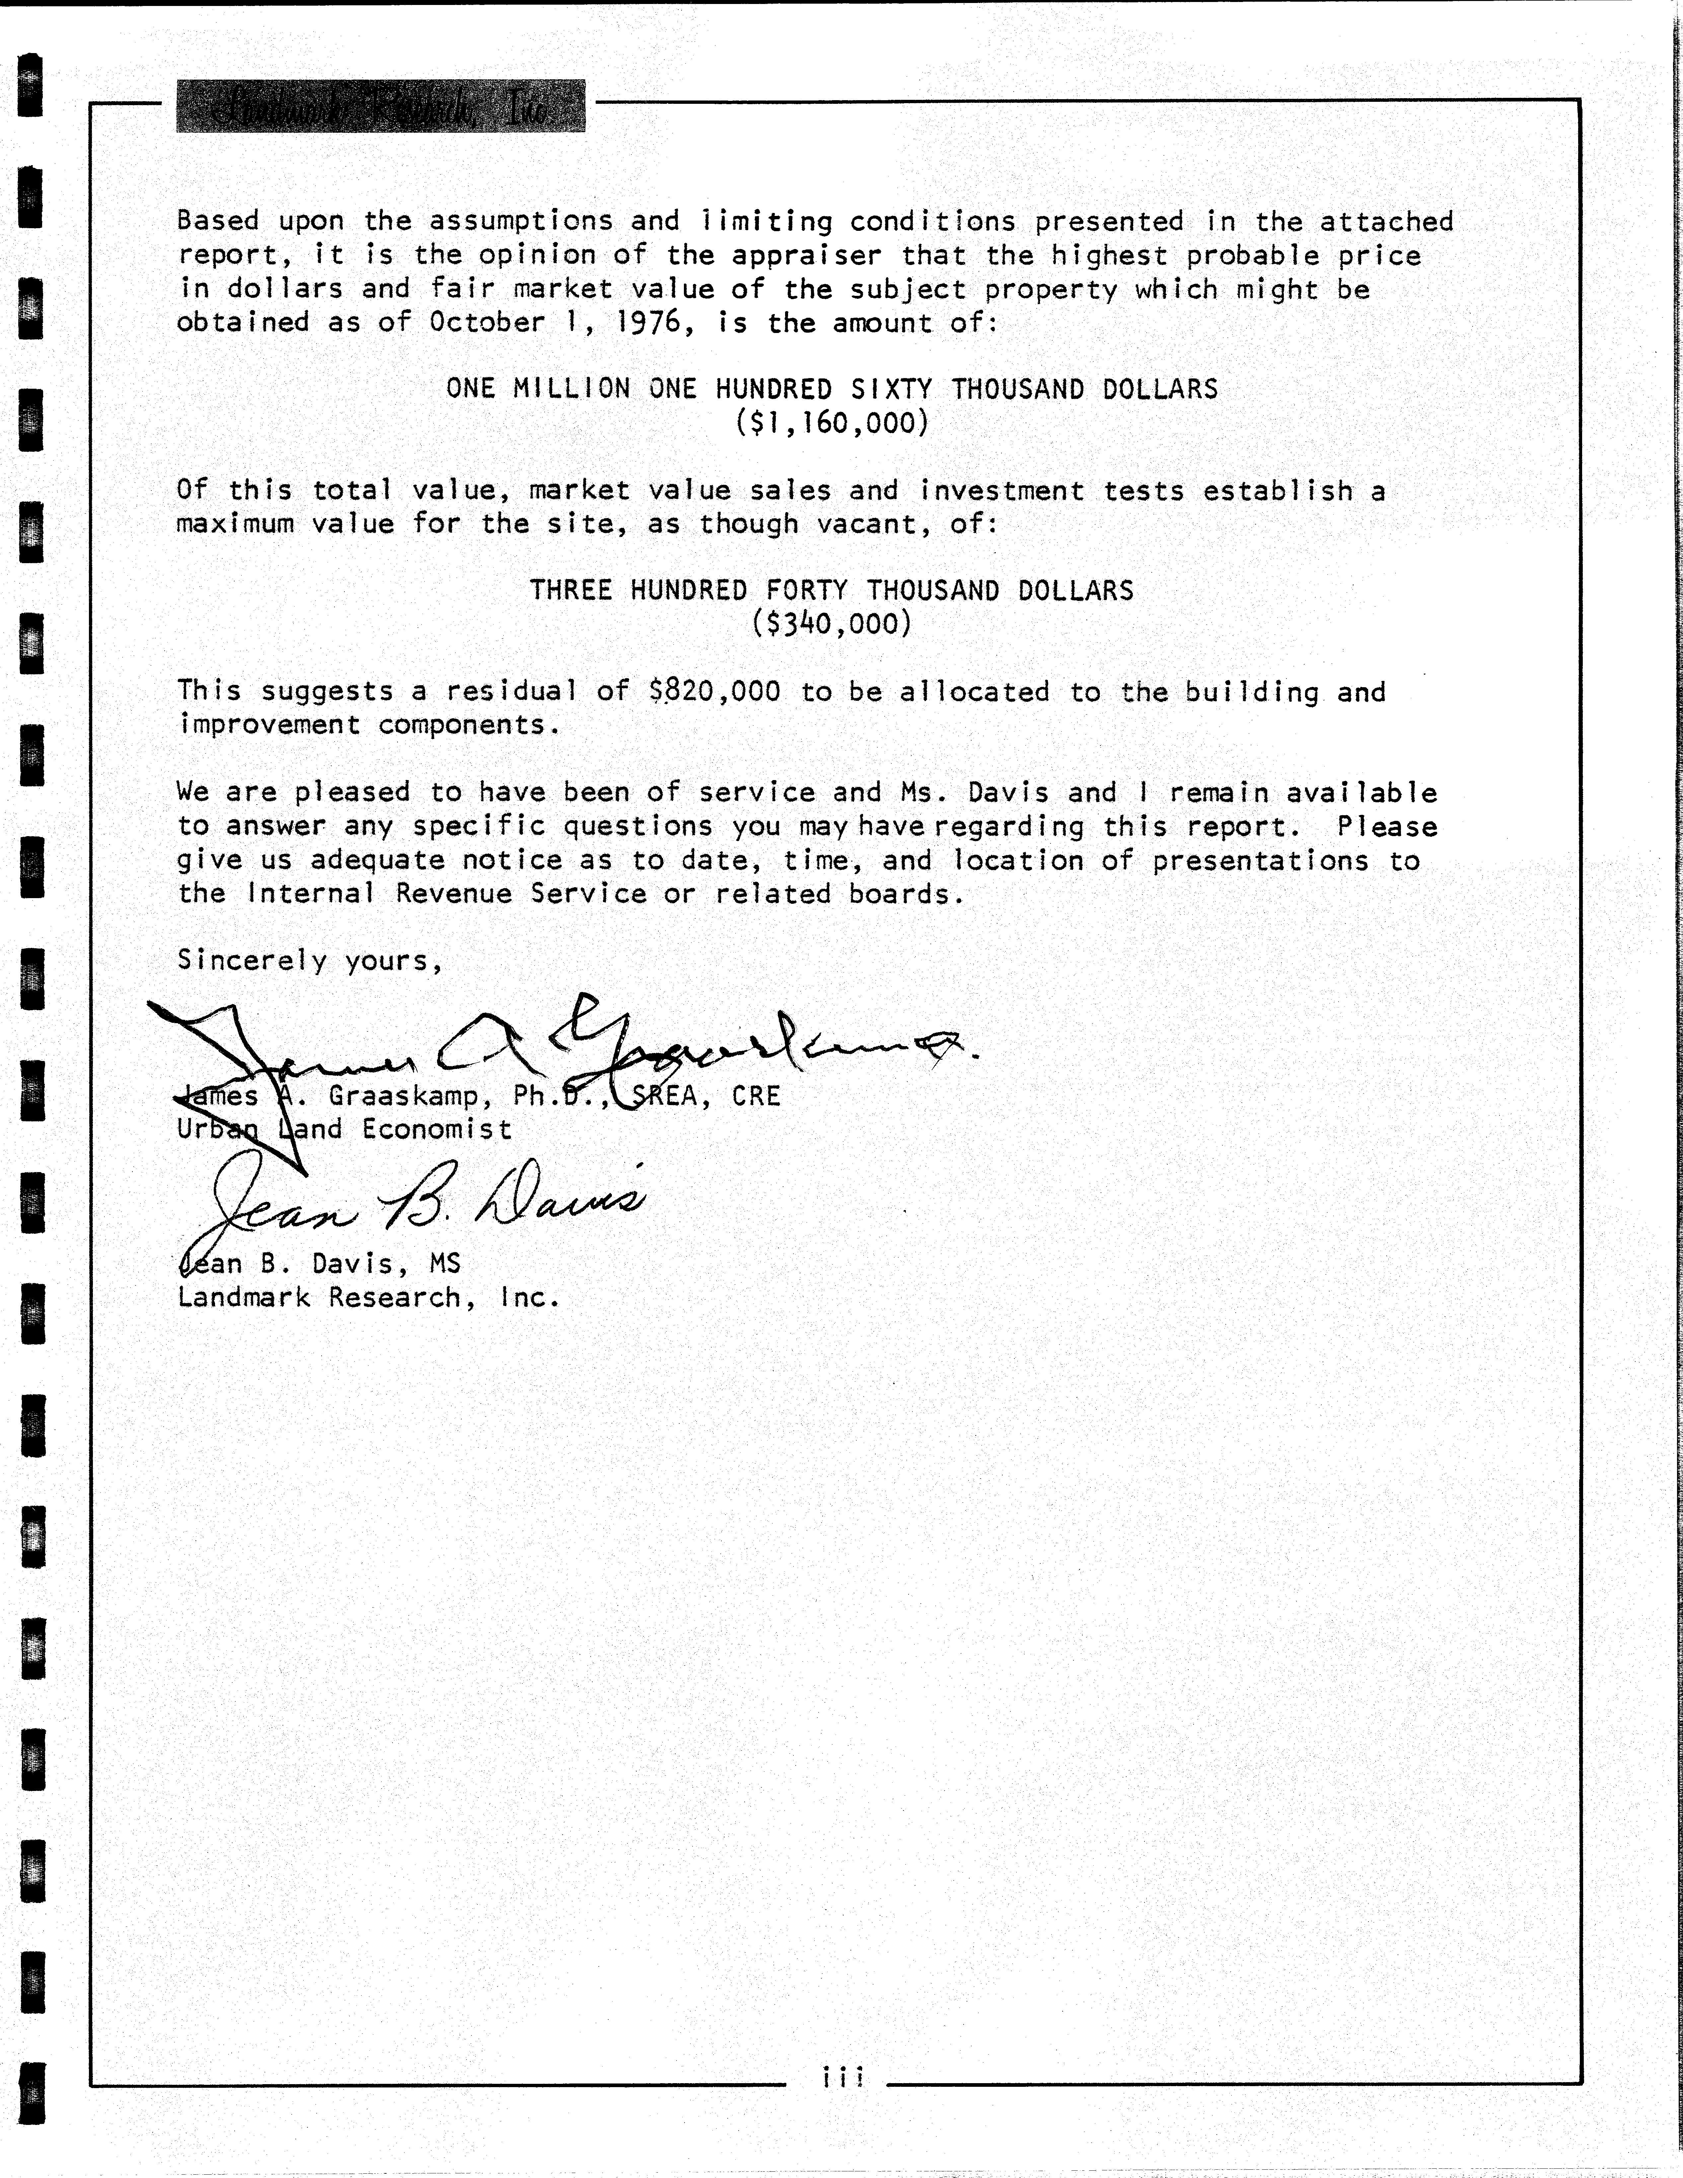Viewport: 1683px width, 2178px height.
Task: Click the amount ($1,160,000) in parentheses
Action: click(x=832, y=423)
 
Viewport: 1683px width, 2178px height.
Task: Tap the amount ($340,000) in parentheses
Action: click(x=832, y=624)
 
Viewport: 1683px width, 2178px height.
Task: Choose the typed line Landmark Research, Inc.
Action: click(x=368, y=1297)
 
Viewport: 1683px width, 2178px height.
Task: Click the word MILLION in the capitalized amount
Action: click(x=571, y=389)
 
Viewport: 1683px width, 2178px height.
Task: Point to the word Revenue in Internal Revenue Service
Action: click(x=454, y=893)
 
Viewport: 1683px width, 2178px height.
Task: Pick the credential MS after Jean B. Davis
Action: click(x=445, y=1264)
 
